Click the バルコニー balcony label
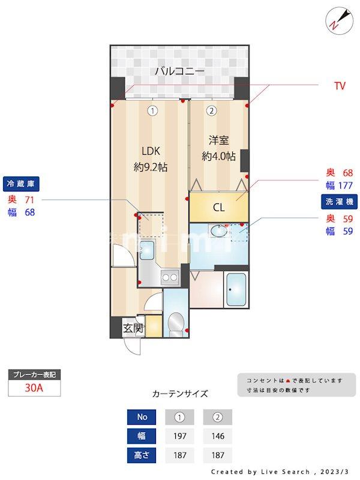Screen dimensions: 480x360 coord(179,71)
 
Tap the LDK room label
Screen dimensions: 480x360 coord(150,151)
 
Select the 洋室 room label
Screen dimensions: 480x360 coord(218,140)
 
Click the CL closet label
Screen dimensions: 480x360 coord(219,208)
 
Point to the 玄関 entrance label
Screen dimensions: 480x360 coord(133,328)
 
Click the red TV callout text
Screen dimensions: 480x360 coord(340,86)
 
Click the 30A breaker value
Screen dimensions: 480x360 coord(34,388)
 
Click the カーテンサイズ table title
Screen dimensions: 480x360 coord(180,394)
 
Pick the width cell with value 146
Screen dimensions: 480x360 coord(217,436)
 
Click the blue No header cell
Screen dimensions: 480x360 coord(142,417)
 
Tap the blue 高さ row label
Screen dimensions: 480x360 coord(142,455)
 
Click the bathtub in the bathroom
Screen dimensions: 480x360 coord(235,290)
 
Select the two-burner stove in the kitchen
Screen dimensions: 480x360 coord(170,277)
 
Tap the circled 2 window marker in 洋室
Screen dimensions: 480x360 coord(211,110)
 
